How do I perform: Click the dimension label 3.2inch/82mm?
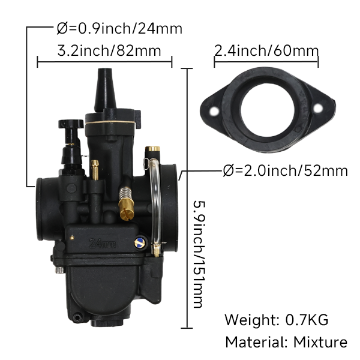pos(109,51)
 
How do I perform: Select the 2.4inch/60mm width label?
pos(266,51)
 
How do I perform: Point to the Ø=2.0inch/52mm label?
pos(285,170)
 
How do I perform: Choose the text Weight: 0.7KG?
pos(277,319)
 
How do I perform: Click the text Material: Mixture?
pos(286,343)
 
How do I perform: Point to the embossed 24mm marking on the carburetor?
pos(103,243)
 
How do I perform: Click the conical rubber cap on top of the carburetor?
pos(105,90)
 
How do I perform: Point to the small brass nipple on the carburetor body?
pos(94,169)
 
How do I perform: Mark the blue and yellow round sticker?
pos(139,242)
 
